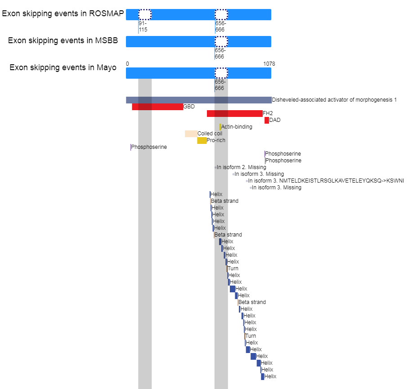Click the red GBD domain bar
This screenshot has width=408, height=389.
[x=157, y=107]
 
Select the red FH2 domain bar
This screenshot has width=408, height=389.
[x=235, y=113]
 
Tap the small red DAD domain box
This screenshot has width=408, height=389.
[x=267, y=120]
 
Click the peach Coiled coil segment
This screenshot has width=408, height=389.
[x=191, y=134]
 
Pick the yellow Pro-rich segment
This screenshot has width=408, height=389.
[x=202, y=140]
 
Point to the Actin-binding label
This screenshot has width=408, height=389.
[x=237, y=127]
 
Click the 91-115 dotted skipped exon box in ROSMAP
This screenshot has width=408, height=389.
[x=145, y=14]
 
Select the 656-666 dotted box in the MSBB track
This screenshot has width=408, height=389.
[x=221, y=42]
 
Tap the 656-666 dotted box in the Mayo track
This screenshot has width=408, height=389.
[x=221, y=73]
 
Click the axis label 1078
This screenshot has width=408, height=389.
[x=269, y=64]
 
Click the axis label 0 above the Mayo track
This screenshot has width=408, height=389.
[x=127, y=64]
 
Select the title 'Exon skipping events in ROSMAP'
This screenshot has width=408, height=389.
[x=63, y=13]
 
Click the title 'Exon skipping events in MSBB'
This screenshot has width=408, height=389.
[x=63, y=40]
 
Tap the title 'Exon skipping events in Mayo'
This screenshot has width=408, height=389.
[x=63, y=67]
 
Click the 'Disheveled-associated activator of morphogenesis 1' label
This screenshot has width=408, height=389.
[x=334, y=100]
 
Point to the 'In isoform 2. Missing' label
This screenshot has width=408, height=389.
[x=242, y=167]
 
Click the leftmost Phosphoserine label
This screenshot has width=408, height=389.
[x=149, y=147]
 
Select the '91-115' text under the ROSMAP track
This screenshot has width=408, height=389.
[x=143, y=27]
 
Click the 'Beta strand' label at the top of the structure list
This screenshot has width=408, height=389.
[x=224, y=201]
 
